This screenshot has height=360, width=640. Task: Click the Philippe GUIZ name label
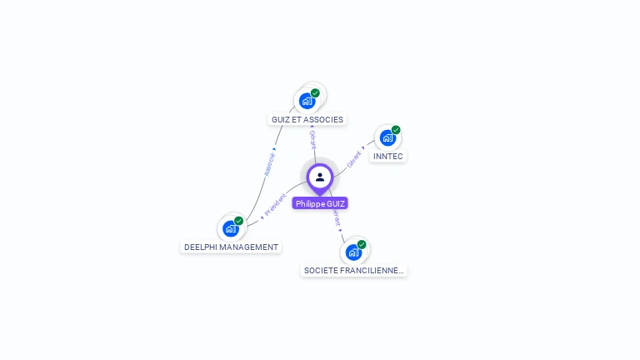[x=320, y=203]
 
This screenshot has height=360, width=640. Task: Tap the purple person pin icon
[x=320, y=177]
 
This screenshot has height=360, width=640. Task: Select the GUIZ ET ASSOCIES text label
[x=307, y=120]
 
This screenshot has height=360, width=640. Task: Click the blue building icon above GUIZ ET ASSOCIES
[x=307, y=101]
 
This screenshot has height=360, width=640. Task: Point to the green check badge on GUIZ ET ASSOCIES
[x=315, y=93]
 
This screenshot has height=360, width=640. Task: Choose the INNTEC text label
[x=388, y=157]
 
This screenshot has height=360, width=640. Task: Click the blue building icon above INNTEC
[x=387, y=137]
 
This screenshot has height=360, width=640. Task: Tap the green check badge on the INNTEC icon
[x=396, y=130]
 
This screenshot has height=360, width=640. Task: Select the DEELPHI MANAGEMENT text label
[x=231, y=247]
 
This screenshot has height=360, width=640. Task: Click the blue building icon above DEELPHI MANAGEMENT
[x=230, y=228]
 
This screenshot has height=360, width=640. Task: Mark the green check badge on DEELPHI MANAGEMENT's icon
[x=238, y=221]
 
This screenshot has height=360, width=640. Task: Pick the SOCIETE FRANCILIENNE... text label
[x=353, y=271]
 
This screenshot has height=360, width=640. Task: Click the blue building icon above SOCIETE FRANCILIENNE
[x=353, y=252]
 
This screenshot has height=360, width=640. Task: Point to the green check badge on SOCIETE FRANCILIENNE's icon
[x=362, y=244]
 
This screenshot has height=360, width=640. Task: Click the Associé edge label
[x=269, y=162]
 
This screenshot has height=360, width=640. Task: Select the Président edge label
[x=274, y=205]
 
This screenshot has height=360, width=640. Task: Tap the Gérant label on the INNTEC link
[x=355, y=158]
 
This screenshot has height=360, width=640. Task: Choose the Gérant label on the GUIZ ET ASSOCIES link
[x=312, y=139]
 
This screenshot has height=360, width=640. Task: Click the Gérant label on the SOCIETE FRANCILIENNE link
[x=336, y=217]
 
